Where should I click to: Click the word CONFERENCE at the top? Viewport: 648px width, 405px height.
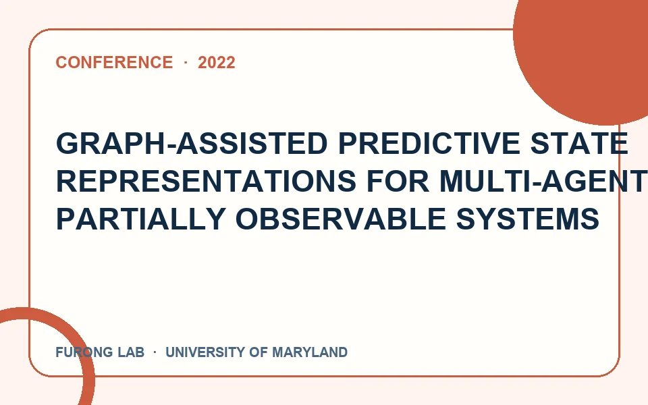[x=114, y=62]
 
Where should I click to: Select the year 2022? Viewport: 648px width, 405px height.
[x=217, y=62]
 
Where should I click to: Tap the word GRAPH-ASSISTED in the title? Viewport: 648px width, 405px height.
[x=192, y=143]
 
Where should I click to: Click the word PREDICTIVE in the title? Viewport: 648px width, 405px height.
[x=429, y=143]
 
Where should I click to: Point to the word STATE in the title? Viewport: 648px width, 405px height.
[x=579, y=143]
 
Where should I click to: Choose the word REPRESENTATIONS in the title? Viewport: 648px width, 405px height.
[x=206, y=181]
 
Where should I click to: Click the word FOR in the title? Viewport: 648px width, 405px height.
[x=398, y=181]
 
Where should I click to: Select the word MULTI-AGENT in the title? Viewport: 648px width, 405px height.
[x=543, y=181]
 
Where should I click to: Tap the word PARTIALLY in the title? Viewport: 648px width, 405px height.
[x=140, y=219]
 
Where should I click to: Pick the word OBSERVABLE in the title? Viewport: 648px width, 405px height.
[x=340, y=219]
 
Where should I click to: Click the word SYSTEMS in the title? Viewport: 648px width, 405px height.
[x=528, y=219]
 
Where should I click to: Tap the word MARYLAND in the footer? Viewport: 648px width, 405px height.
[x=310, y=352]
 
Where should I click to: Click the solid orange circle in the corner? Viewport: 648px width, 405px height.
[x=587, y=49]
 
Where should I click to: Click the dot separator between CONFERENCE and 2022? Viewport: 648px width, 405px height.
[x=186, y=62]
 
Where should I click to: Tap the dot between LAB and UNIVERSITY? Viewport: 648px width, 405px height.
[x=155, y=352]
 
